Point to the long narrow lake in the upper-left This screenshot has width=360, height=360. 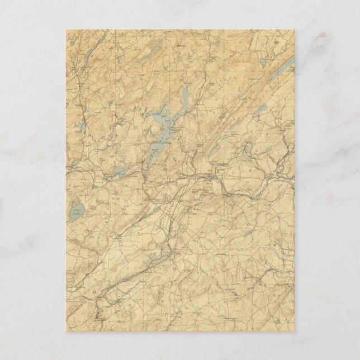click(x=89, y=53)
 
